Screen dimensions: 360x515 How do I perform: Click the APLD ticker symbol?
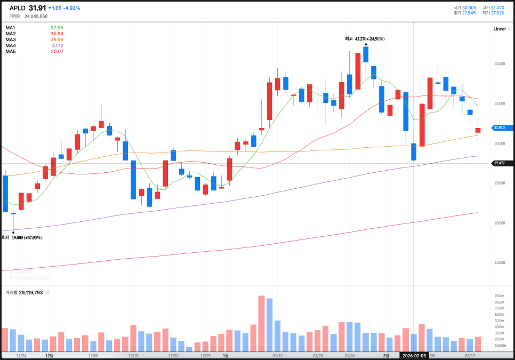coord(18,8)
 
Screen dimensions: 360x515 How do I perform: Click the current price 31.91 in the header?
coord(37,8)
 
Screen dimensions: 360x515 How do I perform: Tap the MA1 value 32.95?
coord(57,28)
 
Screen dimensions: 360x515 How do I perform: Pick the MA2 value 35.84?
coord(57,34)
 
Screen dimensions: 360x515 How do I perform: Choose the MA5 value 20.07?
coord(57,51)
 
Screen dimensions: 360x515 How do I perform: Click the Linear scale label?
coord(500,29)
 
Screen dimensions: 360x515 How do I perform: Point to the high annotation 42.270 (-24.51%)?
coord(365,38)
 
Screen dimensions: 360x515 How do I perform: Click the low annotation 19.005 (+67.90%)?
coord(27,237)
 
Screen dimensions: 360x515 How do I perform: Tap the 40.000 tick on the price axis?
coord(499,64)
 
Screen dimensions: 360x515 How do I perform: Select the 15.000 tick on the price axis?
coord(499,262)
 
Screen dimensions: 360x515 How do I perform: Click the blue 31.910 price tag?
coord(502,127)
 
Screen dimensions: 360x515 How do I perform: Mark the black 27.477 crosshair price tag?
coord(502,163)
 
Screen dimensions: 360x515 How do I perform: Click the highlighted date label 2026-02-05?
coord(415,355)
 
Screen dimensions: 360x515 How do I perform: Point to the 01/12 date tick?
coord(277,355)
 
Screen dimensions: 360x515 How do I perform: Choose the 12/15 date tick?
coord(133,355)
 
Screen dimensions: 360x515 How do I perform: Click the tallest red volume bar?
coord(261,323)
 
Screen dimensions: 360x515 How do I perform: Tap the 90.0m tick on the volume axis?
coord(500,296)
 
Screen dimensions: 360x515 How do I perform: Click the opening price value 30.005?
coord(469,7)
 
